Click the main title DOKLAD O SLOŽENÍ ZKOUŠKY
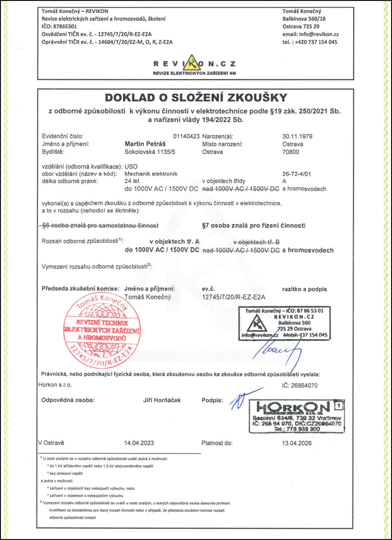(195, 97)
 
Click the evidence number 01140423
(187, 136)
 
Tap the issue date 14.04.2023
(139, 443)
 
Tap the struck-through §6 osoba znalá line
(101, 225)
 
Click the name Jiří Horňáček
(161, 400)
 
